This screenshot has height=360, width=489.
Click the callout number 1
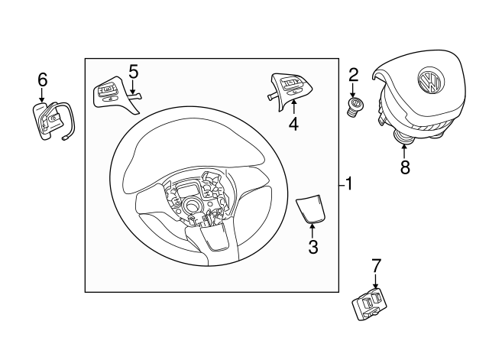tap(348, 184)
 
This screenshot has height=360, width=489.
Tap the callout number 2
tap(353, 74)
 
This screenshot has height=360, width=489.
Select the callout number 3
tap(313, 246)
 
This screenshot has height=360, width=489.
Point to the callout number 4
tap(293, 123)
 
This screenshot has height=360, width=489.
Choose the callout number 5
tap(133, 72)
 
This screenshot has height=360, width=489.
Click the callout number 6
tap(43, 79)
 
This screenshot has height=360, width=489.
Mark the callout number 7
tap(375, 266)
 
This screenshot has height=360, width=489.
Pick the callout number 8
tap(405, 167)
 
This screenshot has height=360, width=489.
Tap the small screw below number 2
tap(355, 107)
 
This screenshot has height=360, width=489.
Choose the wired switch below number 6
tap(50, 121)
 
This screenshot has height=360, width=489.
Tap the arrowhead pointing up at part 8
tap(404, 145)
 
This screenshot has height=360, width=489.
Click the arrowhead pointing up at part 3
tap(313, 227)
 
